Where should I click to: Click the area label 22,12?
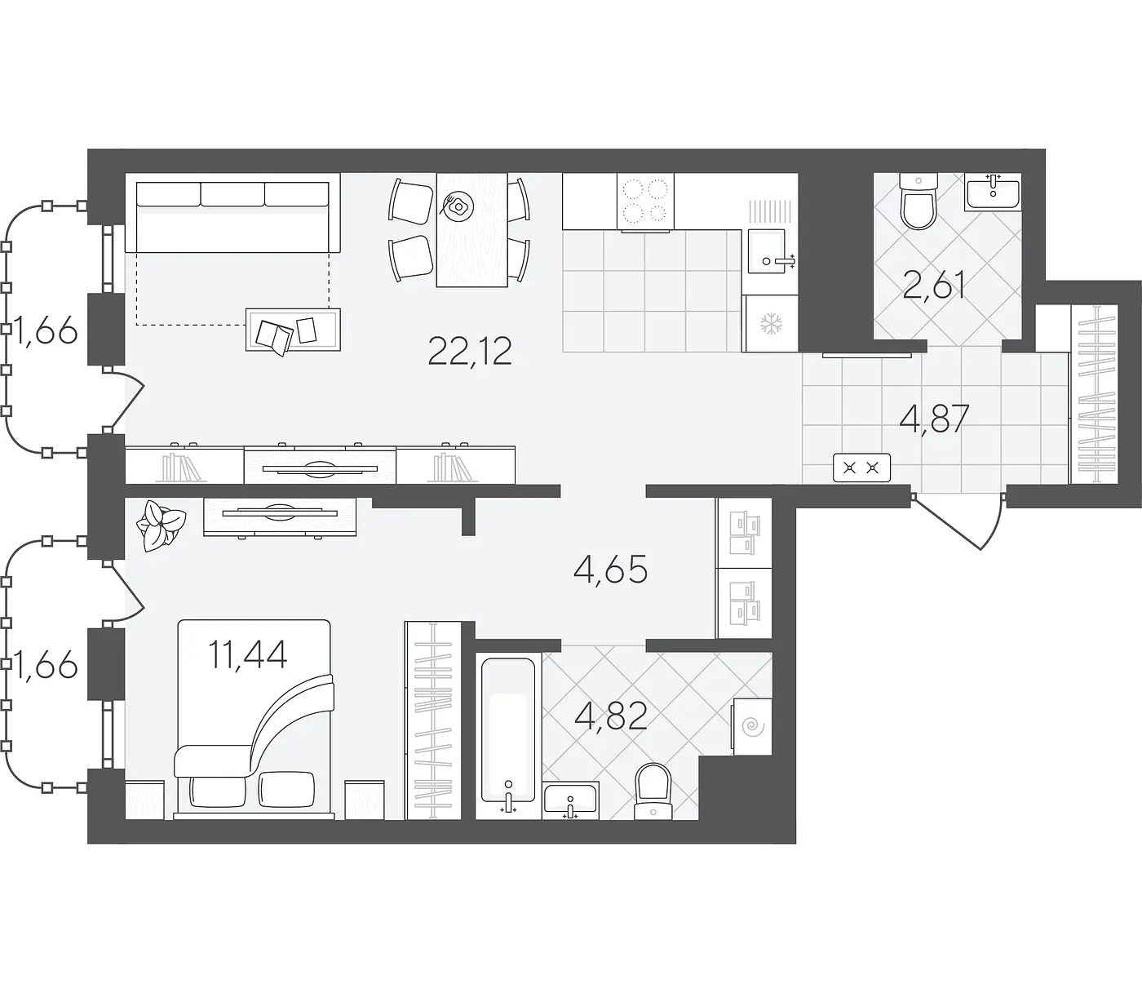470,352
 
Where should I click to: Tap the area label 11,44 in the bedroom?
247,654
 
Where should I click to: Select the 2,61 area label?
934,286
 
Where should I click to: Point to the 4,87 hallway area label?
934,419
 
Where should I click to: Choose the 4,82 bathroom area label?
611,716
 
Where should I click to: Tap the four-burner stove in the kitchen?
645,202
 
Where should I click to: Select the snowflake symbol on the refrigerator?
772,323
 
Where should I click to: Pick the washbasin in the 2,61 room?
993,192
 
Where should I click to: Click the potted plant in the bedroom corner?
161,525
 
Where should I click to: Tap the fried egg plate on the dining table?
458,206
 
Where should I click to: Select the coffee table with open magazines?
293,330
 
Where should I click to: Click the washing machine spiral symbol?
752,727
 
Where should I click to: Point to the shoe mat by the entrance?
861,468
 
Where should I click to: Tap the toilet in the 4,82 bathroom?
653,791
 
